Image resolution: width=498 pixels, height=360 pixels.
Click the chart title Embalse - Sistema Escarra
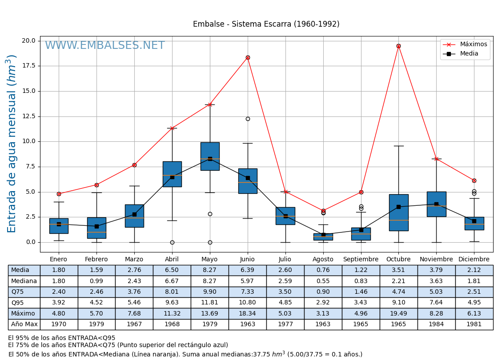(266, 24)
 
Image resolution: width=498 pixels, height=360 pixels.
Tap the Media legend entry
(469, 54)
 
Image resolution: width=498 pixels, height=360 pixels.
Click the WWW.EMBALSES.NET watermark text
(105, 46)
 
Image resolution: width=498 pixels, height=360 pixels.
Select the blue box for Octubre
(398, 212)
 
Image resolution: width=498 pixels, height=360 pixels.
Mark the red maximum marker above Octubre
(398, 46)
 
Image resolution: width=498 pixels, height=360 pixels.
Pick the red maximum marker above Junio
(248, 57)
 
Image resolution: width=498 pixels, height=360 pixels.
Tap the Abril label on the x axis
(172, 260)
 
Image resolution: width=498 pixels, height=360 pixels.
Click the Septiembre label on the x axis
(361, 260)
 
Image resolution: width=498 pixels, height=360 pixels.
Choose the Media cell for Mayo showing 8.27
(210, 270)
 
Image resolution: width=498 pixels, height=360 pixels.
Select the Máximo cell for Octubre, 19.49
(398, 313)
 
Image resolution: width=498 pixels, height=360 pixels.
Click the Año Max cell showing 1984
(436, 324)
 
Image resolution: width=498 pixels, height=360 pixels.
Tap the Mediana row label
(24, 281)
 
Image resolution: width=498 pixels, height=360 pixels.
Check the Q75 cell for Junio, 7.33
(248, 292)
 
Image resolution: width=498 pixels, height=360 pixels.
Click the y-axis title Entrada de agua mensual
(12, 144)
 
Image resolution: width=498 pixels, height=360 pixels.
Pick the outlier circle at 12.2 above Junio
(248, 119)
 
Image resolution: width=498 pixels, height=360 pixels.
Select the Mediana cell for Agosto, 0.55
(323, 281)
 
